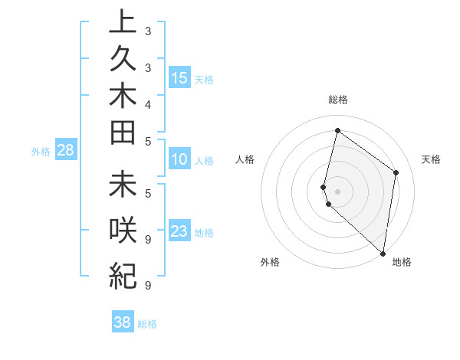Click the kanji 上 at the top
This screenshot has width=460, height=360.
tap(123, 21)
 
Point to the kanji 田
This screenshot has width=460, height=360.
tap(123, 133)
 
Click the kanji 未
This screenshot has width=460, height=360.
tap(123, 185)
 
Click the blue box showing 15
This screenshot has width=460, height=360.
tap(179, 78)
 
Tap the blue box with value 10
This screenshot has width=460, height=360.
tap(179, 160)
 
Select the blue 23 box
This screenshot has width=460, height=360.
tap(179, 231)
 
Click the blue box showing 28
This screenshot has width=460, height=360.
tap(66, 150)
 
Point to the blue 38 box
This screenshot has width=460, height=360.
tap(123, 322)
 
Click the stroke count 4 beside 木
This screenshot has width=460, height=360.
tap(147, 104)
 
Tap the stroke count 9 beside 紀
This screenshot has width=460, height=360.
tap(147, 286)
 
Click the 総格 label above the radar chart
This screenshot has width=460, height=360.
tap(338, 100)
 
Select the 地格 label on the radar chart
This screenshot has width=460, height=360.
tap(402, 262)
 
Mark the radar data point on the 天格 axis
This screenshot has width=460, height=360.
tap(396, 172)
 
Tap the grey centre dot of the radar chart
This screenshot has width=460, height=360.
tap(338, 191)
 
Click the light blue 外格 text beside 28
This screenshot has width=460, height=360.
tap(41, 152)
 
